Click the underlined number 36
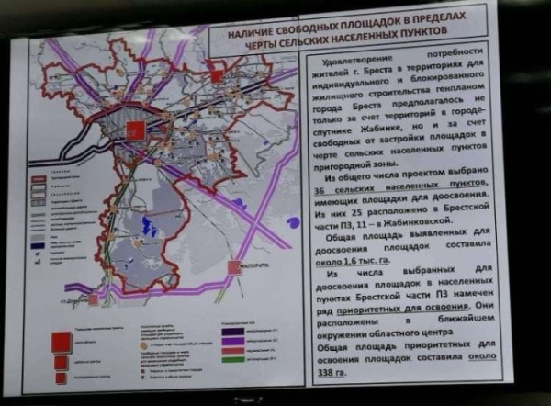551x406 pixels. (x=316, y=185)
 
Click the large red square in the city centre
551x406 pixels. (x=133, y=130)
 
